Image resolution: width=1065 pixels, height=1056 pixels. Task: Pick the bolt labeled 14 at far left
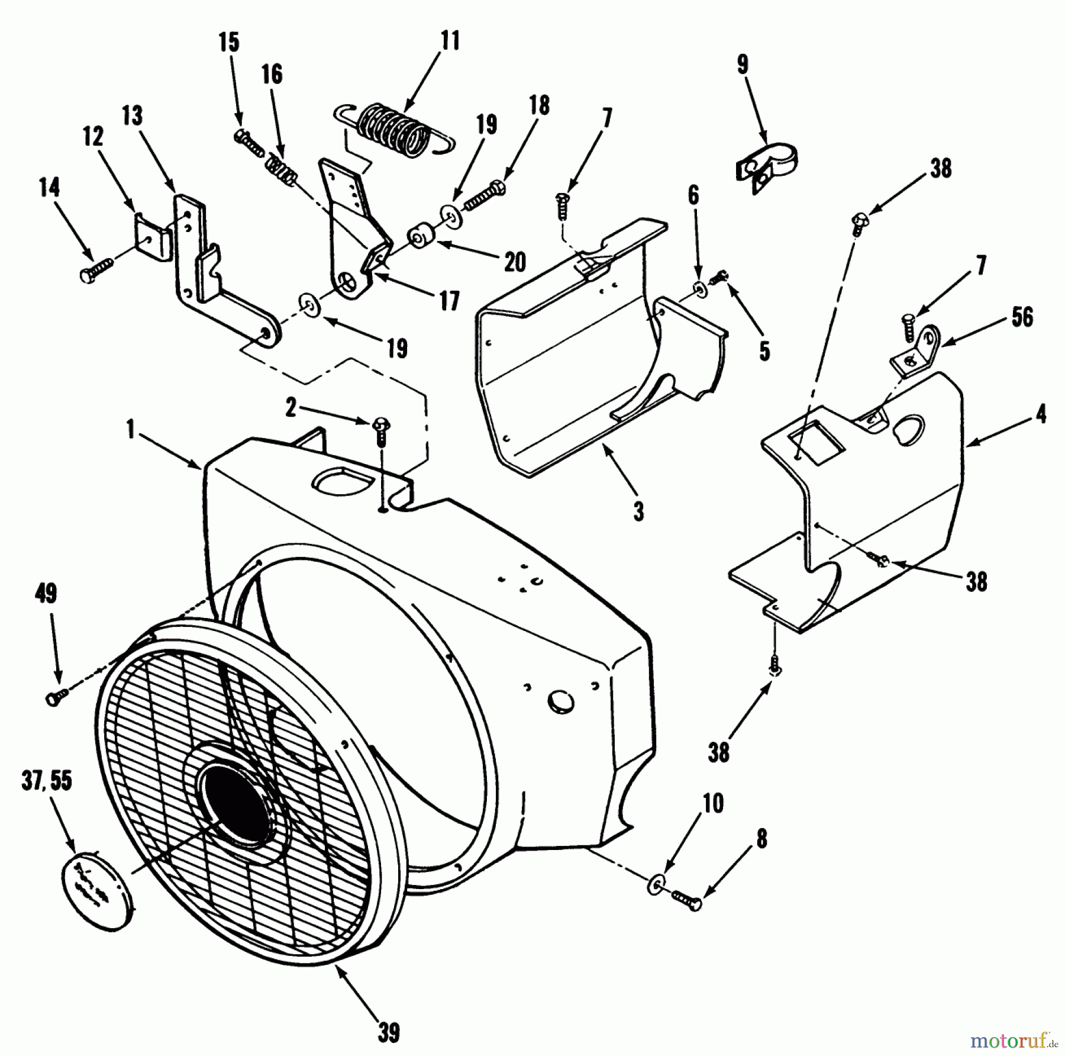(x=94, y=273)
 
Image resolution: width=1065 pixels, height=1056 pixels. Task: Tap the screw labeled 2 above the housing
(x=380, y=431)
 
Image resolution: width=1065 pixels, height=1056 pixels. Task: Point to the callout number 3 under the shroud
(x=638, y=510)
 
